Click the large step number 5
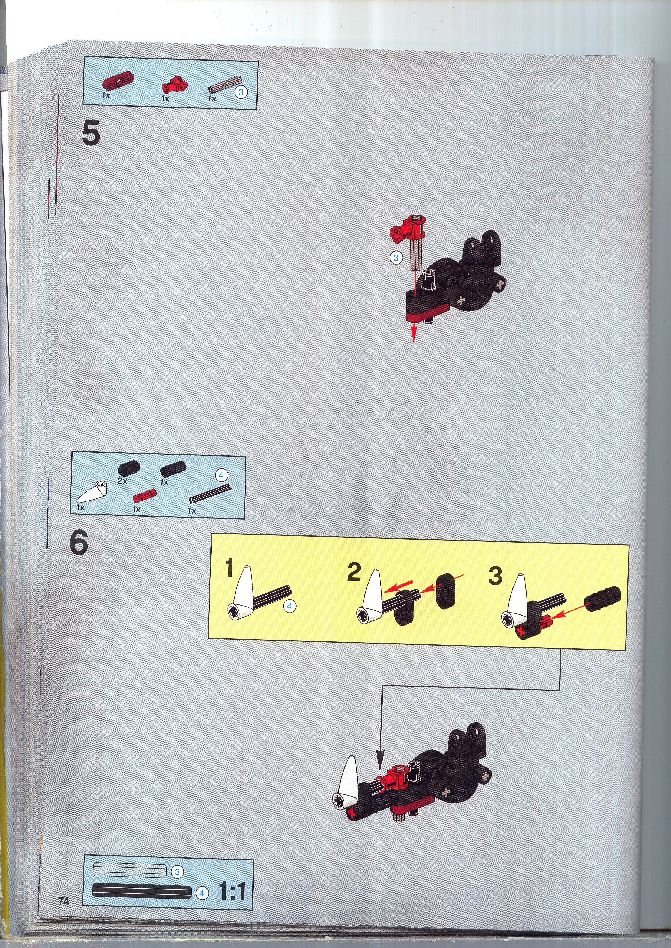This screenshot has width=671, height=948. pos(91,134)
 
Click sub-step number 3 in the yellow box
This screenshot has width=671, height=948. pos(495,575)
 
